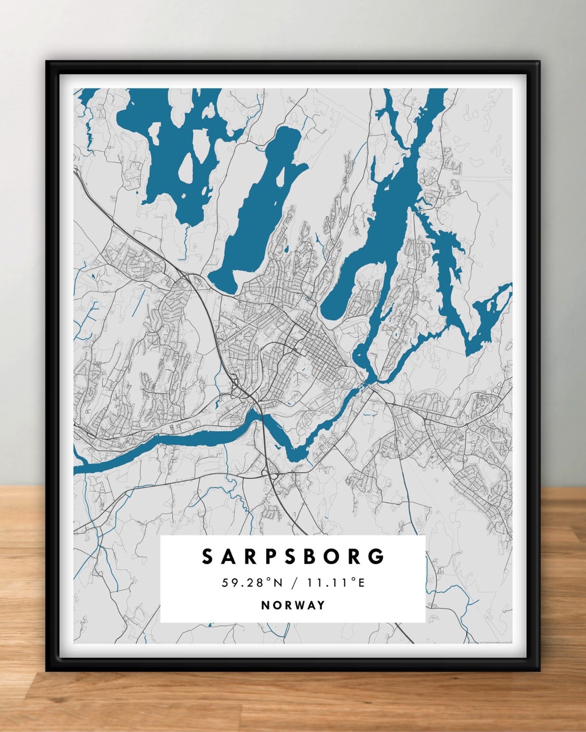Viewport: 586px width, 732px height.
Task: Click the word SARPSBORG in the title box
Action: point(293,557)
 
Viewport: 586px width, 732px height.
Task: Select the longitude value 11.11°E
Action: point(335,583)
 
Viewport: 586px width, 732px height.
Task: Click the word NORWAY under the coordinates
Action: point(293,605)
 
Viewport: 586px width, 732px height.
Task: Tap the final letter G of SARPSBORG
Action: point(378,557)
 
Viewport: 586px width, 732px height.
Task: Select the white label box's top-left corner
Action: point(161,536)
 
